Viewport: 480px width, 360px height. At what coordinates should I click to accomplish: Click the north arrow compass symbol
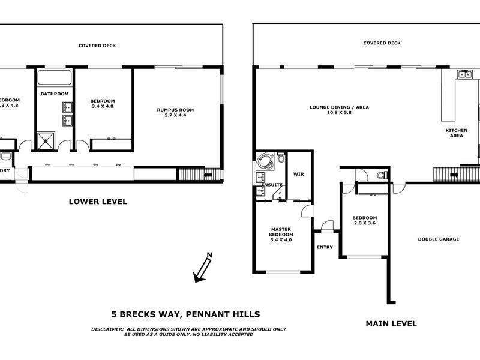pos(202,268)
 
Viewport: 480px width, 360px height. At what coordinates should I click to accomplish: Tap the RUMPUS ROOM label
pos(175,110)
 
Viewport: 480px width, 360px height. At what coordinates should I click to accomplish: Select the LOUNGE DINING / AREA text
pos(339,107)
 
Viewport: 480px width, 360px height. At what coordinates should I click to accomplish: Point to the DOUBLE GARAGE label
pos(438,239)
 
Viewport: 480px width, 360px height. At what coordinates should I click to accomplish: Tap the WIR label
pos(299,175)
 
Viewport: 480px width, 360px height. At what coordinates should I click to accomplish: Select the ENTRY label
pos(325,247)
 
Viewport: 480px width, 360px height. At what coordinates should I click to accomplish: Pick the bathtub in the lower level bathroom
pos(55,77)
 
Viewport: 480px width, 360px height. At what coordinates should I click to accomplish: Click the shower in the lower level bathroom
pos(46,140)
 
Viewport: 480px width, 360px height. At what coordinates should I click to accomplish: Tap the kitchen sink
pos(463,74)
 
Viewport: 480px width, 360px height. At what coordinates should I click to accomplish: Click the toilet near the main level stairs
pos(382,175)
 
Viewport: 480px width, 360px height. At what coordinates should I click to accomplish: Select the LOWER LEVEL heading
pos(98,202)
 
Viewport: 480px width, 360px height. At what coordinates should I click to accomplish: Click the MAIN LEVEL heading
pos(391,323)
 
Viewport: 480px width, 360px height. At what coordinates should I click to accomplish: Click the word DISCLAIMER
pos(107,329)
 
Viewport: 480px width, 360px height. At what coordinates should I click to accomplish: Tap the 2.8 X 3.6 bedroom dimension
pos(364,224)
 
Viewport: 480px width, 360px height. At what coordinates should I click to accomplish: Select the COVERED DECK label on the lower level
pos(97,46)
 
